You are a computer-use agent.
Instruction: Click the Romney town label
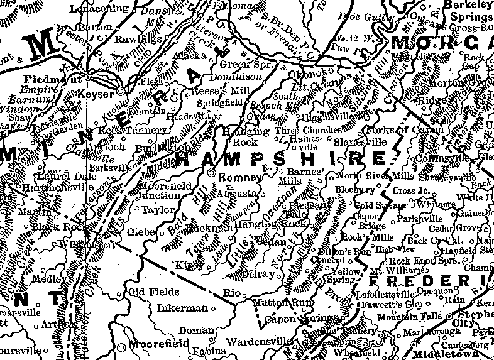(236, 178)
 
